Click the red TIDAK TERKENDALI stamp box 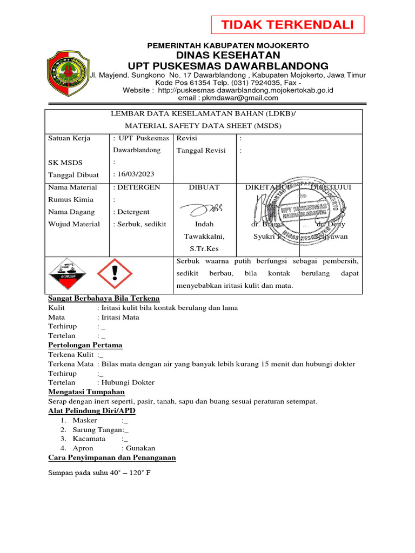(287, 25)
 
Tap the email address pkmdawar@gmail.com (228, 98)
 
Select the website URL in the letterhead (244, 90)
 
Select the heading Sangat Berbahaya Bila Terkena (104, 299)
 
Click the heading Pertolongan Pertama (85, 345)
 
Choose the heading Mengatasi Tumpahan (86, 392)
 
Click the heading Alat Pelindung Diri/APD (92, 410)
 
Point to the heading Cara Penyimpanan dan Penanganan (112, 457)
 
